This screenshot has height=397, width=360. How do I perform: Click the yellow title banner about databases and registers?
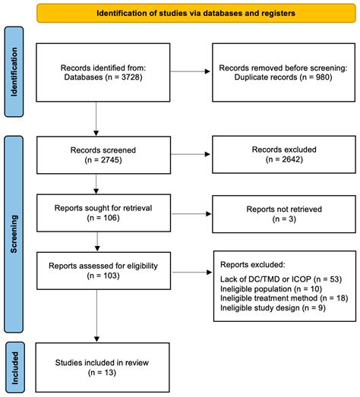(187, 14)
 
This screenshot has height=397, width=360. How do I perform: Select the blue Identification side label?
(14, 71)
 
